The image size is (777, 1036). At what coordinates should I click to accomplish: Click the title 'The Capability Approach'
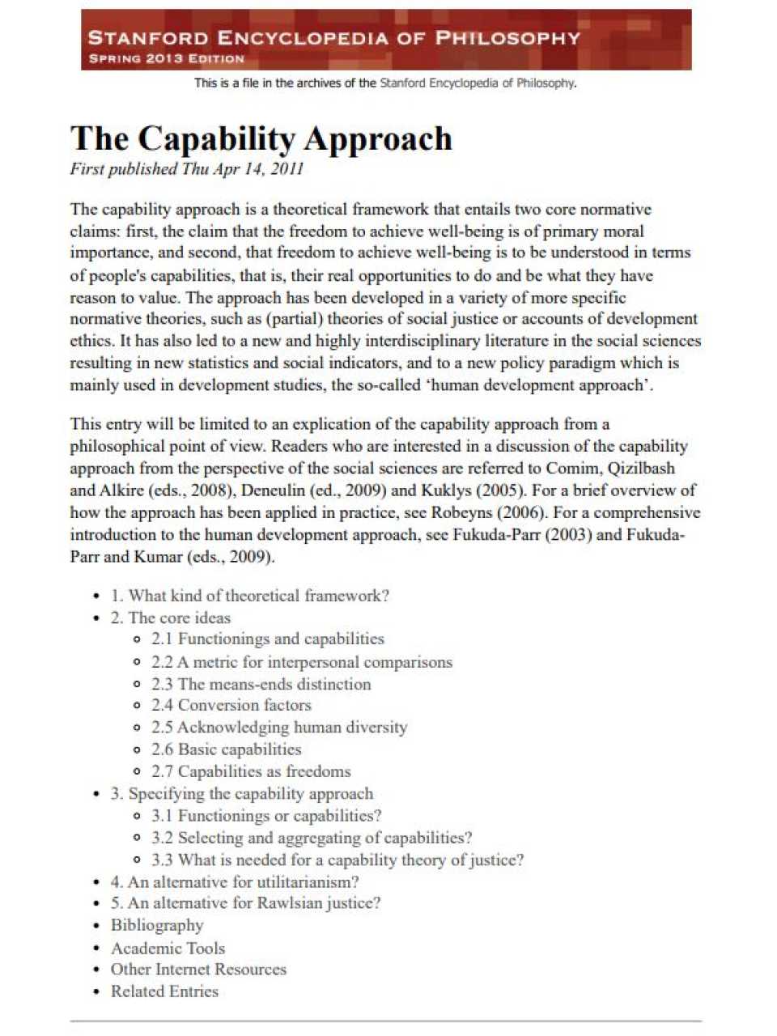261,138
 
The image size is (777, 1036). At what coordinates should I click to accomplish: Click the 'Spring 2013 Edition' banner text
166,58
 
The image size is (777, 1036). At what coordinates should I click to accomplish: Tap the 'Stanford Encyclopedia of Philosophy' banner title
333,37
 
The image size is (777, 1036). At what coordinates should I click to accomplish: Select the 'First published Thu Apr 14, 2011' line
187,169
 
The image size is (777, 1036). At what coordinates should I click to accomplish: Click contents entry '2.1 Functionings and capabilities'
268,639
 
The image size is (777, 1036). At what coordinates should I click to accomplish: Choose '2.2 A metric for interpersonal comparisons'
302,662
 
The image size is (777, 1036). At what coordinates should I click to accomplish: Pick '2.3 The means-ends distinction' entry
261,684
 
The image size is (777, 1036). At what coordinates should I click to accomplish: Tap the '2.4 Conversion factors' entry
231,705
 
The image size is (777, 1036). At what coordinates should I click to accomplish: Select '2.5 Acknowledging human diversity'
279,728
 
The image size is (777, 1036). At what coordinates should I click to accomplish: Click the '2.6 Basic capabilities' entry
227,749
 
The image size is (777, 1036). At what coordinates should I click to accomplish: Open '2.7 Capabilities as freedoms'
251,771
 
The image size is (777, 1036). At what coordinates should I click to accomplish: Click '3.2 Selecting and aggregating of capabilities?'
312,838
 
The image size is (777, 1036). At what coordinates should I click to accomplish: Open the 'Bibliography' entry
157,925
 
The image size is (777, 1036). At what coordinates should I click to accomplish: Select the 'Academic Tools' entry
168,948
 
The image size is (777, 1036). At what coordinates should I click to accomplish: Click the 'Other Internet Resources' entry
198,970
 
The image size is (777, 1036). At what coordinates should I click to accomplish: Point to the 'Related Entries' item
164,991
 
